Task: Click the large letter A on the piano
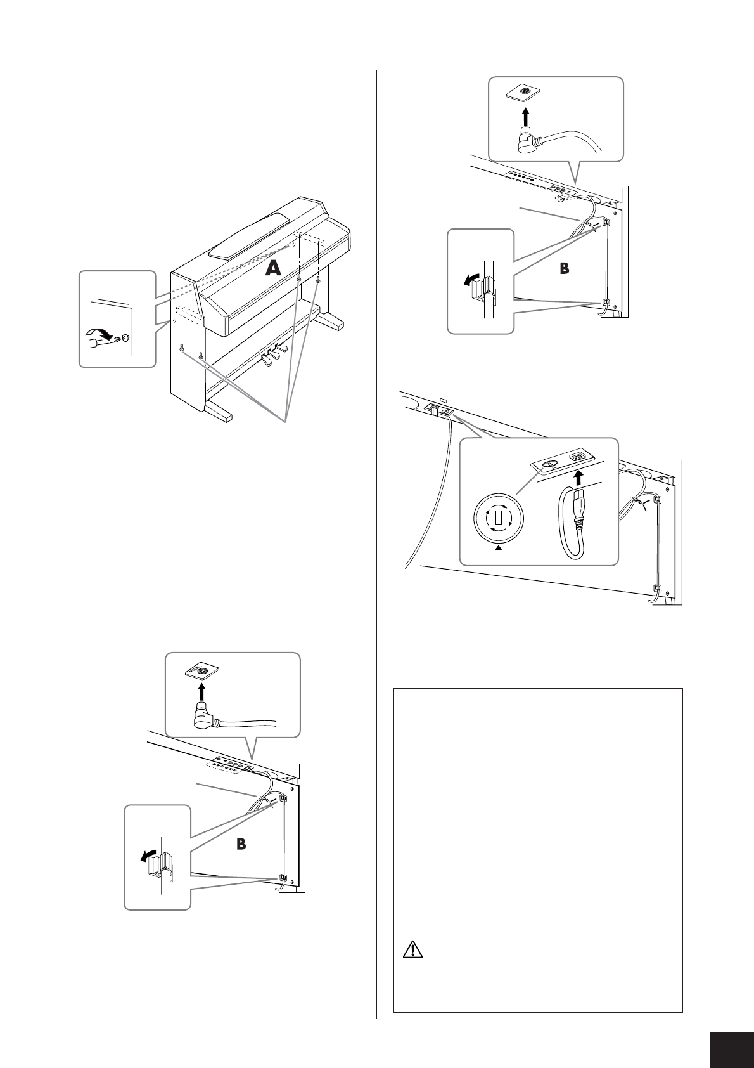[x=272, y=269]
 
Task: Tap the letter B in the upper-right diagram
[x=565, y=269]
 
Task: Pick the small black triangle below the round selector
[x=498, y=550]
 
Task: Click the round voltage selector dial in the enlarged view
[x=498, y=519]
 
